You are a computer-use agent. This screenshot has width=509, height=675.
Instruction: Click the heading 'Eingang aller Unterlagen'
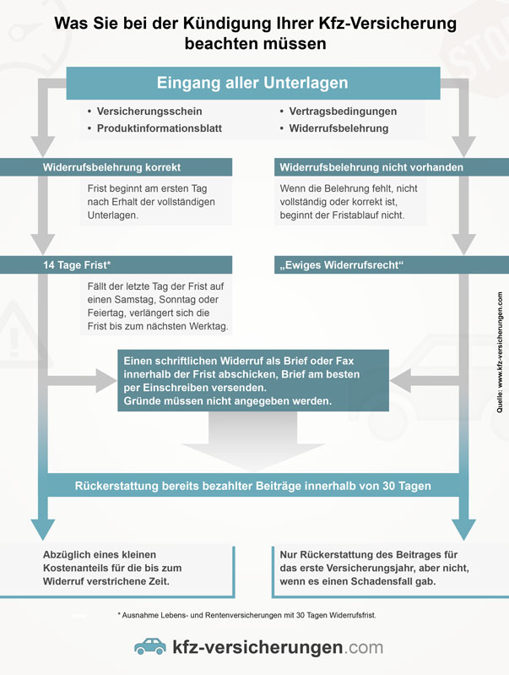252,83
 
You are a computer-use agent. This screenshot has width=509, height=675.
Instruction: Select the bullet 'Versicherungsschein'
149,112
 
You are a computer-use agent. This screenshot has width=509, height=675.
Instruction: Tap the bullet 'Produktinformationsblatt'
160,128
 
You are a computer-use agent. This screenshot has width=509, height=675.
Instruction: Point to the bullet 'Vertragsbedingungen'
343,112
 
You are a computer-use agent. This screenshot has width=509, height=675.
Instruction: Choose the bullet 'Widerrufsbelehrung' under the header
338,128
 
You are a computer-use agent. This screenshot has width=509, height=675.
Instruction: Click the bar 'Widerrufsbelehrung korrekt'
116,167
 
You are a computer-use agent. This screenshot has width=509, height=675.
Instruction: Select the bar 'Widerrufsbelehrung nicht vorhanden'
392,167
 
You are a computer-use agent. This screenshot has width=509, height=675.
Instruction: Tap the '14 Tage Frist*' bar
116,264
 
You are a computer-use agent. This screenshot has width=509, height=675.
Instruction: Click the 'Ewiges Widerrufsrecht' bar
392,264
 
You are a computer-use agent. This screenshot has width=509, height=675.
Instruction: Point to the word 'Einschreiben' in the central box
171,388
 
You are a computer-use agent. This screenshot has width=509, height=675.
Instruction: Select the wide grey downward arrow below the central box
253,440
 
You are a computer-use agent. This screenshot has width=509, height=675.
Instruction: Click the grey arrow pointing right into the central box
82,380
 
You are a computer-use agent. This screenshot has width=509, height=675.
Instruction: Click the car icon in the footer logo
150,646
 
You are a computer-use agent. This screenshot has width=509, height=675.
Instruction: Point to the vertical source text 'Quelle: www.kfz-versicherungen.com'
499,352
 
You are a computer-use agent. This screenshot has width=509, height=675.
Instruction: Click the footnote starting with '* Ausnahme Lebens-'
246,615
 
